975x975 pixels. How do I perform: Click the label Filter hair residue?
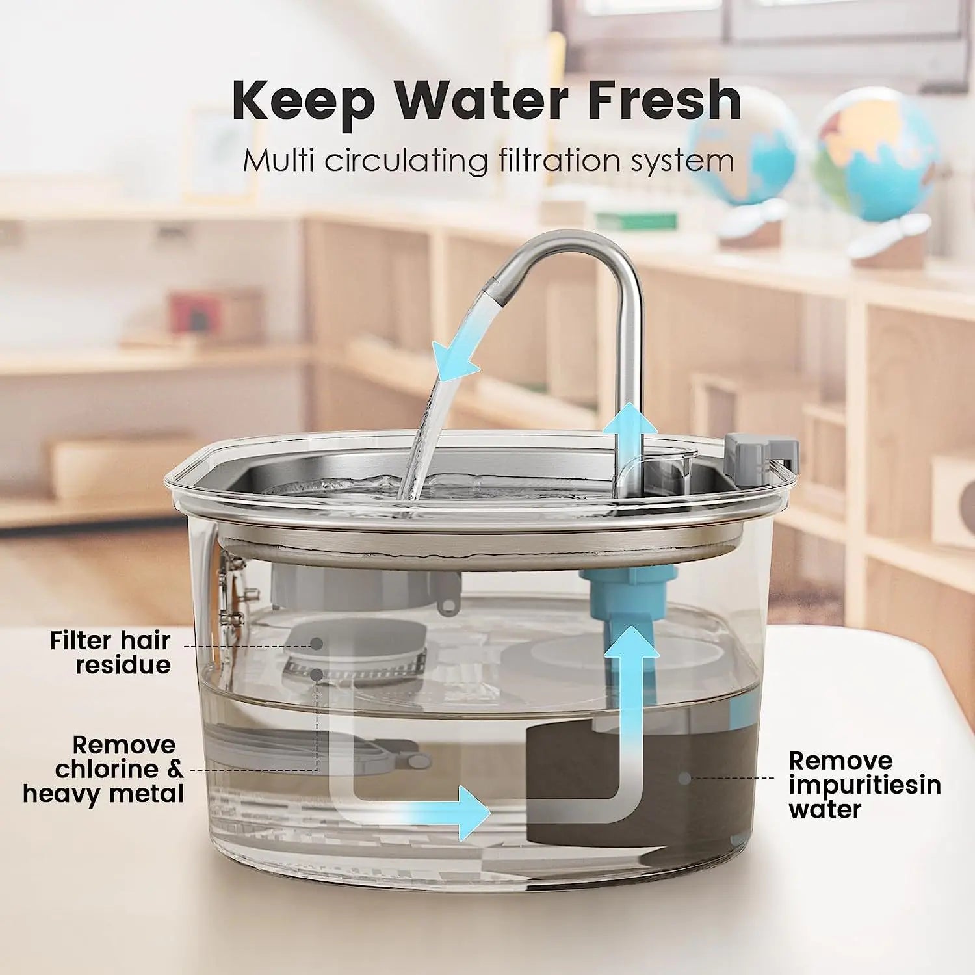pos(110,653)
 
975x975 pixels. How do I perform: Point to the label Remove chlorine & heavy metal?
pos(104,770)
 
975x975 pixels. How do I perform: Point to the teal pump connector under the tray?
pos(627,585)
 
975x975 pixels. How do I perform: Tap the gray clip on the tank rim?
pos(760,448)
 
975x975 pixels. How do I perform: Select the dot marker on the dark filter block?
pos(683,777)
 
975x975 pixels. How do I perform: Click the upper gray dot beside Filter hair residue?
pos(317,644)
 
